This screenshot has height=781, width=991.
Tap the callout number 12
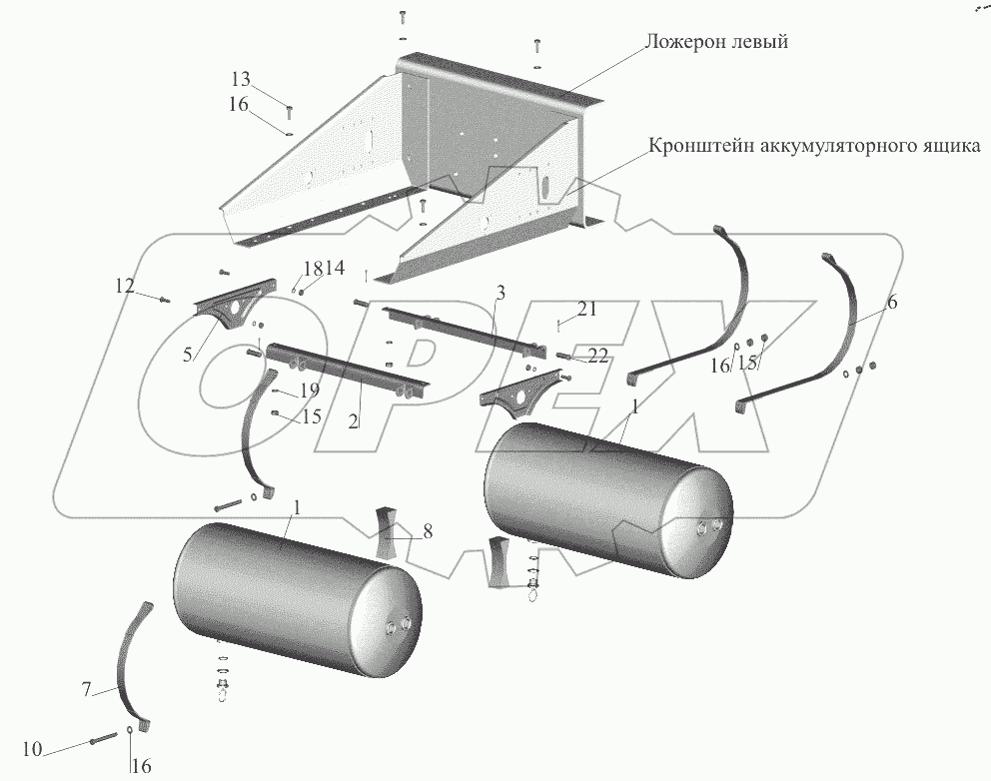click(x=124, y=287)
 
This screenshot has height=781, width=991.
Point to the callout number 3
click(x=500, y=293)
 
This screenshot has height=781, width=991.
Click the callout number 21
click(x=586, y=311)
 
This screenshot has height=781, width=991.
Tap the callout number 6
click(x=892, y=302)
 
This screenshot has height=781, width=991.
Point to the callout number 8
click(x=428, y=531)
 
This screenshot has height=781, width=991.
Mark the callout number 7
click(x=86, y=688)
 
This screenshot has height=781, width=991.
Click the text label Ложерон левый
click(x=717, y=42)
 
